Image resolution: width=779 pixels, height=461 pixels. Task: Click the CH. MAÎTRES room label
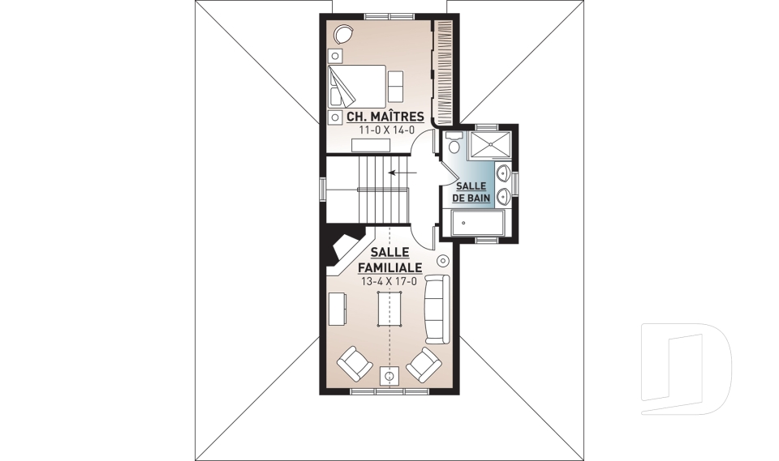[x=385, y=117]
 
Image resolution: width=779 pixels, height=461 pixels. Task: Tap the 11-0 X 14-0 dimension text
[x=387, y=130]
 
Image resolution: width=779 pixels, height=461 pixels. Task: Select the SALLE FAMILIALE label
[x=390, y=259]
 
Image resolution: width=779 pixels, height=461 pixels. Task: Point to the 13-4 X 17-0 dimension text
[x=389, y=282]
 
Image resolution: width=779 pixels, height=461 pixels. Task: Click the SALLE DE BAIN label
[x=471, y=192]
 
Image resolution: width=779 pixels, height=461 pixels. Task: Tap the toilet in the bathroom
[x=453, y=143]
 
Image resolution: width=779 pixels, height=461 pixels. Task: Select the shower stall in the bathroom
[x=490, y=145]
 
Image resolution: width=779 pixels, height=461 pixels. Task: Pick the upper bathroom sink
[x=502, y=173]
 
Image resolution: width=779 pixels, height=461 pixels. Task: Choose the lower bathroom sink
[x=502, y=197]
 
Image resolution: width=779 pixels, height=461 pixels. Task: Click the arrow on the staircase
[x=402, y=173]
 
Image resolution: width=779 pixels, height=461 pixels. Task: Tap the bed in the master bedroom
[x=357, y=85]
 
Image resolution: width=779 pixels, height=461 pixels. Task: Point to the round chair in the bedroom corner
[x=342, y=34]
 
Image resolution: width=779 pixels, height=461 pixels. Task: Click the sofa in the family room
[x=436, y=308]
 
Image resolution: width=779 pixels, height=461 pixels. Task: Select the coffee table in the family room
[x=389, y=308]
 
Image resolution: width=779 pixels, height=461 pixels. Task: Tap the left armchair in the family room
[x=355, y=364]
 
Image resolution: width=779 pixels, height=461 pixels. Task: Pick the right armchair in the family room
[x=424, y=365]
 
